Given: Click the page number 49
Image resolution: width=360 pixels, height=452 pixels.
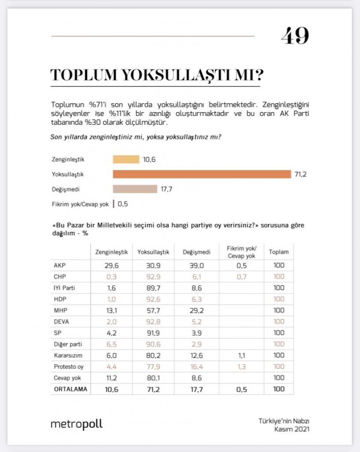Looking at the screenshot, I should tap(295, 36).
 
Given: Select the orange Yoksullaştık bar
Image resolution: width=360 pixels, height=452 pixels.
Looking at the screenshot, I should tap(202, 174).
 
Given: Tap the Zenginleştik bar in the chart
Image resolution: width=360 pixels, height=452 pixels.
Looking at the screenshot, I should tap(126, 159).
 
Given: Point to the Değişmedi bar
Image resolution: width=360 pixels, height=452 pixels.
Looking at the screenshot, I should tap(135, 189).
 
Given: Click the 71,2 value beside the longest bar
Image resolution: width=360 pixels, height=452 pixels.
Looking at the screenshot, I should tap(300, 174).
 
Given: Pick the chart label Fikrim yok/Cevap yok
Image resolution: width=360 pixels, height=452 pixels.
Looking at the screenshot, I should tap(80, 204).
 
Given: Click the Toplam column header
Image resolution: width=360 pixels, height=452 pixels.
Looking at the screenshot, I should tap(278, 252).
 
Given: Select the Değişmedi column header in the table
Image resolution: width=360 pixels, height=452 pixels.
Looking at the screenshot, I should tap(196, 252).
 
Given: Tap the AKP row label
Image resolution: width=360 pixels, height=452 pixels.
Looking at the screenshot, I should tap(59, 266).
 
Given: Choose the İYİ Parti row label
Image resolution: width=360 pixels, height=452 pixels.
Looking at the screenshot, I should tap(64, 288).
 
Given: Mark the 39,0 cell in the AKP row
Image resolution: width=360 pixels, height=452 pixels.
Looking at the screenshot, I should tap(196, 266).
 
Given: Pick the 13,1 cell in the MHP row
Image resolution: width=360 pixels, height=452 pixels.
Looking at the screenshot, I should tap(112, 310).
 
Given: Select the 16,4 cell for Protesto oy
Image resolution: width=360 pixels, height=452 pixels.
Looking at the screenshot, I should tap(196, 366).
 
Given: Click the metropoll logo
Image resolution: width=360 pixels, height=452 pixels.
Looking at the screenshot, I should tap(76, 424).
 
